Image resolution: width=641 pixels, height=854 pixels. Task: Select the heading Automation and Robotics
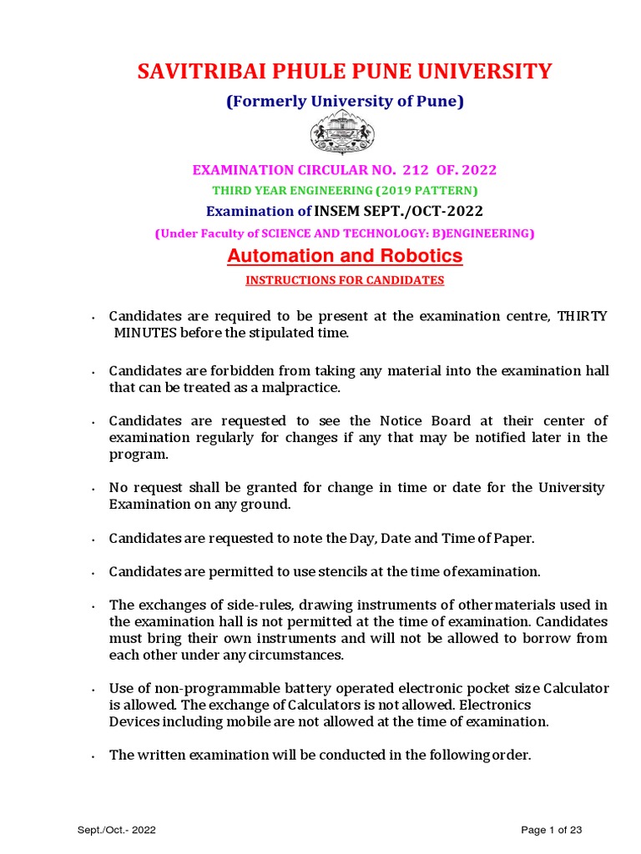pyautogui.click(x=345, y=256)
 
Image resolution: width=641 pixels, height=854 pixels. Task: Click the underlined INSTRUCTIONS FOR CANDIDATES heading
pyautogui.click(x=345, y=280)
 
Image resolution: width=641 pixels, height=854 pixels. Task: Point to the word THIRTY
pyautogui.click(x=583, y=317)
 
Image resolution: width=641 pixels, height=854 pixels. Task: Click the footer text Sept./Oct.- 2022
pyautogui.click(x=116, y=830)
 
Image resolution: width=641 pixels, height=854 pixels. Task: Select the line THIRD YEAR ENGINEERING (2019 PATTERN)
pyautogui.click(x=345, y=190)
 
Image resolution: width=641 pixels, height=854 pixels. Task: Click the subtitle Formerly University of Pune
pyautogui.click(x=345, y=102)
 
